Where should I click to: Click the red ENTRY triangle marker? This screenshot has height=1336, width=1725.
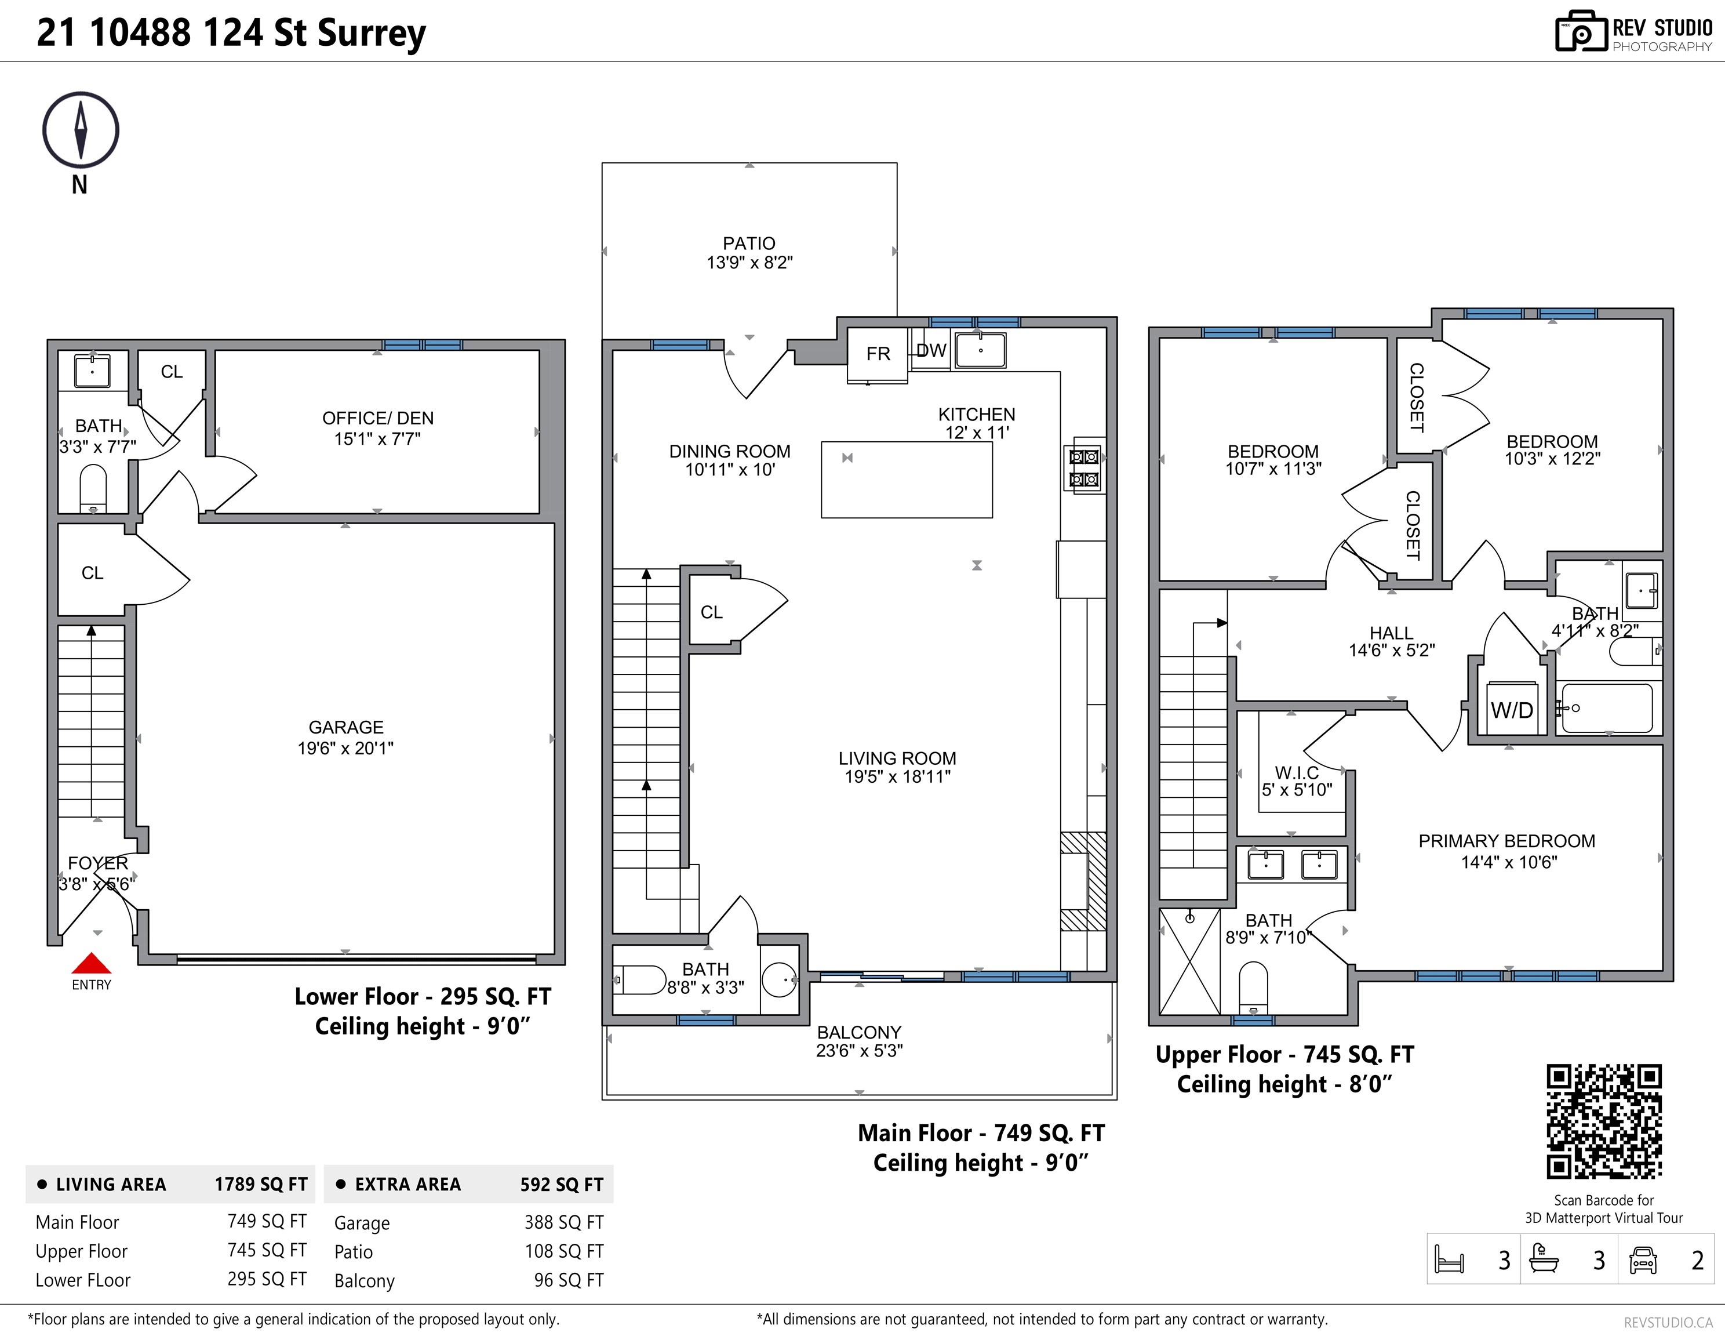tap(92, 963)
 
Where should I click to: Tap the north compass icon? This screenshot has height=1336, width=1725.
tap(81, 130)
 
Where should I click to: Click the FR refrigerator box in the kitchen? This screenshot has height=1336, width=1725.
tap(878, 355)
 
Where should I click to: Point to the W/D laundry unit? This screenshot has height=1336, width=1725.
tap(1512, 709)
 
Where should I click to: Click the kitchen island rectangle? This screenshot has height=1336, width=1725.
tap(907, 480)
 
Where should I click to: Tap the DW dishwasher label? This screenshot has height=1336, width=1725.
tap(931, 351)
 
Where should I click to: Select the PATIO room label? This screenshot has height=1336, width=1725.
tap(749, 244)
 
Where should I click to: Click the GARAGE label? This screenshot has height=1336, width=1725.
tap(346, 727)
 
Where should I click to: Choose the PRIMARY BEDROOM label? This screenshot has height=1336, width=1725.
tap(1507, 841)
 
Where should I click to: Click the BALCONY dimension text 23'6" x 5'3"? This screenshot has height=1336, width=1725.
tap(860, 1051)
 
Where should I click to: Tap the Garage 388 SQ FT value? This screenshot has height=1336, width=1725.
tap(564, 1222)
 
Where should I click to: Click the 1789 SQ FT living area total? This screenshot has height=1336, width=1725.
tap(261, 1184)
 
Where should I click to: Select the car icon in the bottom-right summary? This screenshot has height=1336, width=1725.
tap(1643, 1260)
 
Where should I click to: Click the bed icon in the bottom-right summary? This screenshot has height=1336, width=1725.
tap(1449, 1260)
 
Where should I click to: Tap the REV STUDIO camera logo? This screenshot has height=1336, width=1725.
tap(1581, 32)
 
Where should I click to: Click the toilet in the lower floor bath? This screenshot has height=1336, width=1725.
tap(93, 488)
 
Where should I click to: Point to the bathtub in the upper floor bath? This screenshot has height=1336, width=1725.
tap(1607, 708)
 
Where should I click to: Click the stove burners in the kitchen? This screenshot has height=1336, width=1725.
tap(1084, 468)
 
